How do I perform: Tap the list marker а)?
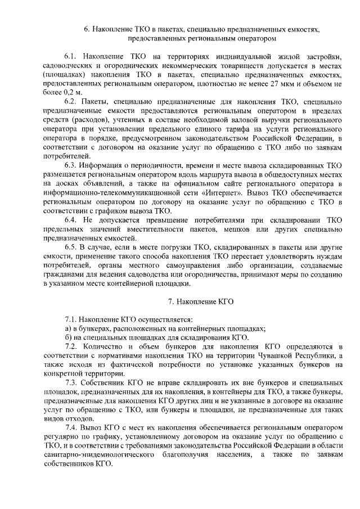pyautogui.click(x=67, y=328)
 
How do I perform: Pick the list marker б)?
pyautogui.click(x=67, y=337)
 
